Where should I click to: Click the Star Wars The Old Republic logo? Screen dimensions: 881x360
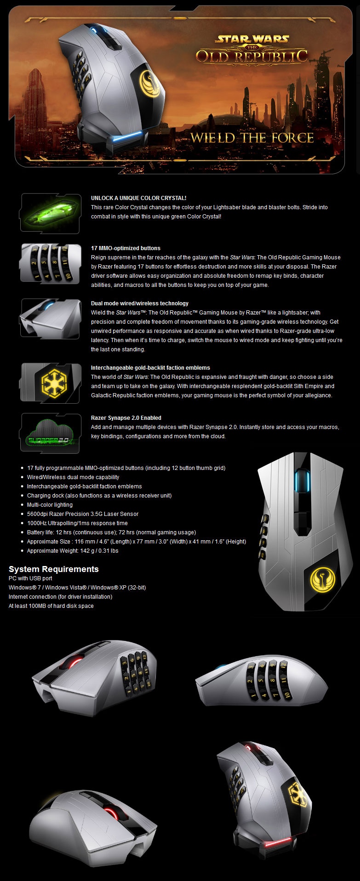pyautogui.click(x=251, y=49)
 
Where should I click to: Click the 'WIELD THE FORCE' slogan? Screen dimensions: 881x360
pyautogui.click(x=252, y=138)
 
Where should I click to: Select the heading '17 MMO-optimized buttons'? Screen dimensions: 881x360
pyautogui.click(x=126, y=248)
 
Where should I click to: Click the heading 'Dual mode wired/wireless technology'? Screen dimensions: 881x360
pyautogui.click(x=140, y=303)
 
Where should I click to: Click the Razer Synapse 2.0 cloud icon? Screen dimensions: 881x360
pyautogui.click(x=50, y=433)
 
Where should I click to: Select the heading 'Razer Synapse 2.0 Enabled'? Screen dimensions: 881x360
pyautogui.click(x=126, y=418)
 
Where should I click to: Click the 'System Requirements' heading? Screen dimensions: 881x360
pyautogui.click(x=54, y=569)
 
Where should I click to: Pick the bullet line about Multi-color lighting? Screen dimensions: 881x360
pyautogui.click(x=50, y=505)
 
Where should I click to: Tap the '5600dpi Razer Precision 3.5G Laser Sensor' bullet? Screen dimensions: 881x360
pyautogui.click(x=83, y=514)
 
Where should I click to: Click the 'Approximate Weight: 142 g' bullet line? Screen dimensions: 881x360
pyautogui.click(x=73, y=551)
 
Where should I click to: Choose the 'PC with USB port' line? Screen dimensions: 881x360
pyautogui.click(x=30, y=578)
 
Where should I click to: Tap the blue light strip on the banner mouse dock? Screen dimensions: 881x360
pyautogui.click(x=124, y=137)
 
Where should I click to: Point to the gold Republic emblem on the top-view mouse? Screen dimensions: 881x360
pyautogui.click(x=322, y=579)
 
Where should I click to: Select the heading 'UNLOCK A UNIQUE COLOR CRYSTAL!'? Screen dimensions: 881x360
pyautogui.click(x=138, y=198)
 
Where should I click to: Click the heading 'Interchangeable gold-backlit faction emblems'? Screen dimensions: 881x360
pyautogui.click(x=150, y=368)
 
